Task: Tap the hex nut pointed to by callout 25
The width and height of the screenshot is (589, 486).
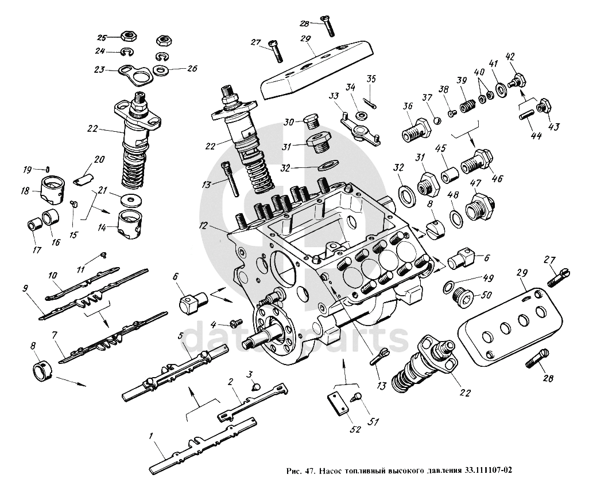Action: [128, 37]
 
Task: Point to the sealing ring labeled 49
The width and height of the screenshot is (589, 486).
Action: [448, 287]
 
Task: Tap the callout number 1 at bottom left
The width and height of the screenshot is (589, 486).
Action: [150, 436]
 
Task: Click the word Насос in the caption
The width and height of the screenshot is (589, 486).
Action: [330, 471]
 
